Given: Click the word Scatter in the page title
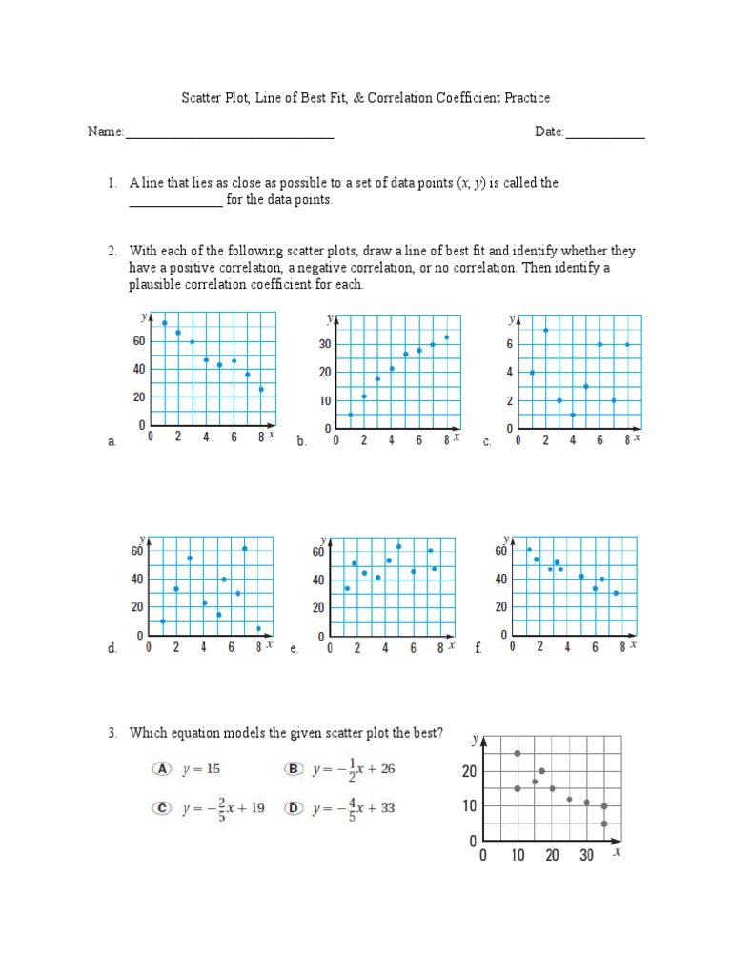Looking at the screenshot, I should [x=201, y=98].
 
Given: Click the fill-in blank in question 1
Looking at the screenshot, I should [x=175, y=201].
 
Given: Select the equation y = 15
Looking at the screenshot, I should [x=208, y=767].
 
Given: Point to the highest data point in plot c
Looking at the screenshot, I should [x=545, y=330].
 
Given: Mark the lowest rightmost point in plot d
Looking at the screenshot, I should [x=258, y=628].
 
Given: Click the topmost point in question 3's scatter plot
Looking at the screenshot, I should [x=518, y=753].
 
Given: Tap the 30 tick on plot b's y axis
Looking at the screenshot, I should [x=324, y=344].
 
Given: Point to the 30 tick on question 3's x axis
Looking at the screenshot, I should [x=586, y=856].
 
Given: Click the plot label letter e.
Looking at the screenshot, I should [x=295, y=648].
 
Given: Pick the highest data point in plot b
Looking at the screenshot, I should [x=446, y=336].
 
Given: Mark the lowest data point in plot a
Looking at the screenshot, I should [x=261, y=389].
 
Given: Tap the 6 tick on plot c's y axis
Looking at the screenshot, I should [x=510, y=344].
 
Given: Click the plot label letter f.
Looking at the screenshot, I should [x=478, y=648].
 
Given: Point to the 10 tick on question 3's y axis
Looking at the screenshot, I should [x=470, y=806].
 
